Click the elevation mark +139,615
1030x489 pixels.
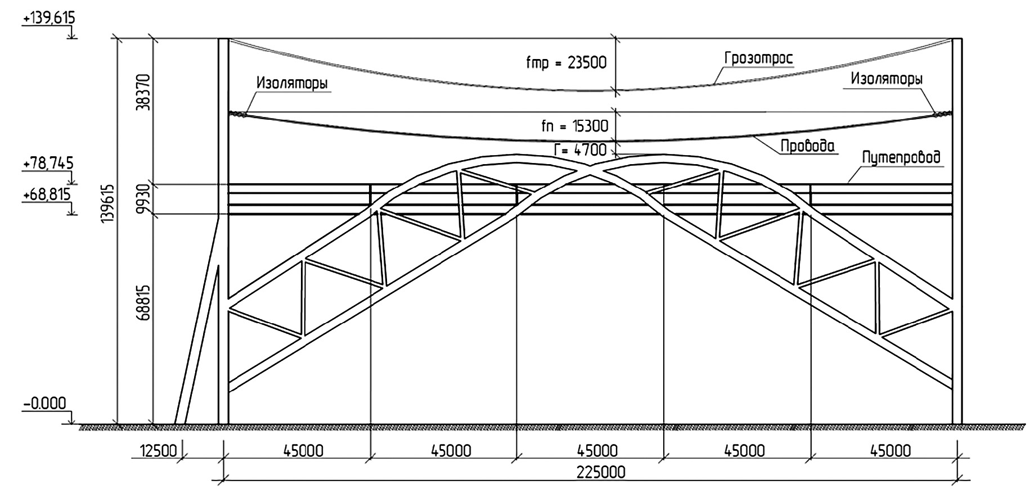point(48,19)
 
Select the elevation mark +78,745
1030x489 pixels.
point(48,164)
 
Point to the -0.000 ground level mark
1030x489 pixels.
point(45,404)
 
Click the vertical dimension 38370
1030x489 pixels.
point(144,91)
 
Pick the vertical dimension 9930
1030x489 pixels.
point(144,200)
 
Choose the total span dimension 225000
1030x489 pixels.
point(600,472)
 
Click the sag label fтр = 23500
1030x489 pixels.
point(566,62)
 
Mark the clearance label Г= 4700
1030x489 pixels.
point(581,150)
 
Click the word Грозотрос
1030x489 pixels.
point(759,58)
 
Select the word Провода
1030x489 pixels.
point(807,147)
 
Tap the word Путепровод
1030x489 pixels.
point(901,157)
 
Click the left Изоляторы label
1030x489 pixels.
point(293,83)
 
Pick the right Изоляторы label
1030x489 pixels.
point(886,79)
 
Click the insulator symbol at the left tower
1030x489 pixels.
point(239,114)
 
